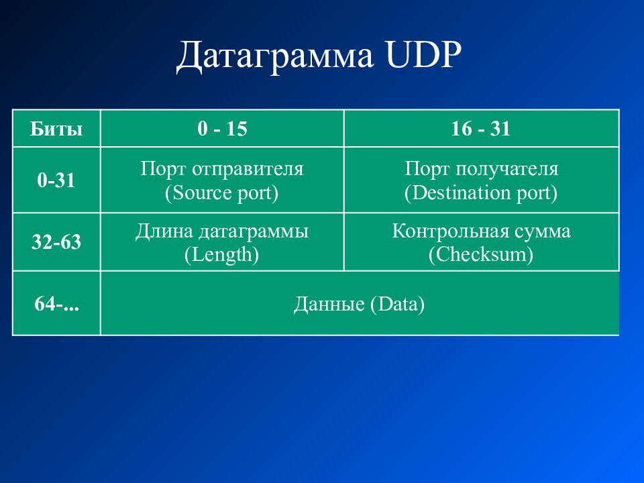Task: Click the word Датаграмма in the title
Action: (275, 56)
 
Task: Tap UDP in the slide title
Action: (424, 54)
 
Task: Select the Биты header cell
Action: (56, 129)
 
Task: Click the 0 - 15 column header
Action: (222, 129)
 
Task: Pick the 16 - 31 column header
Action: (481, 129)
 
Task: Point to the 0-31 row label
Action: (56, 180)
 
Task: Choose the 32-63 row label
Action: (56, 242)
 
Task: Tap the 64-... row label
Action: (56, 304)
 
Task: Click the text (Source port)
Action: (222, 193)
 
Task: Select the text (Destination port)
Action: (481, 193)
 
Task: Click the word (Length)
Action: (222, 255)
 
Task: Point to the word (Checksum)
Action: (481, 255)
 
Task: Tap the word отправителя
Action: (248, 169)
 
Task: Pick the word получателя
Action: (507, 169)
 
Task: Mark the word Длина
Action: (164, 231)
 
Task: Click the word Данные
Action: (329, 305)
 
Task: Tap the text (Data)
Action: (398, 305)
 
